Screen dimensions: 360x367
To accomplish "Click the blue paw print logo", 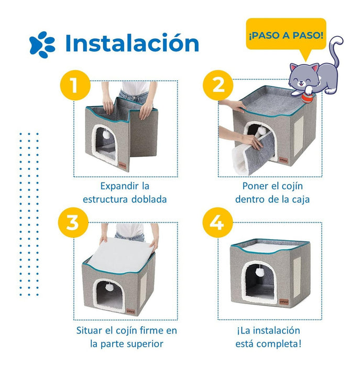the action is point(42,45).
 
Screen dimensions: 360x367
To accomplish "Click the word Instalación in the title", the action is point(133,43).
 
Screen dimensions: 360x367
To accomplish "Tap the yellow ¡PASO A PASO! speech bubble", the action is point(286,35).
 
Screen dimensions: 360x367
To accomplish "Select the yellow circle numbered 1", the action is point(75,85).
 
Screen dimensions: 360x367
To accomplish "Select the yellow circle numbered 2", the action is point(218,85).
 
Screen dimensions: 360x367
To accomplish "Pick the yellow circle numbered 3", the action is point(73,222).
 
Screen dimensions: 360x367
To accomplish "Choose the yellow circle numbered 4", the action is point(217,222).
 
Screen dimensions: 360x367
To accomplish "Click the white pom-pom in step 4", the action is point(260,272).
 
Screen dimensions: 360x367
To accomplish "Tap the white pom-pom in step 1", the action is point(107,135).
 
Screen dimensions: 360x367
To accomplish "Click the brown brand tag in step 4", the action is point(283,301).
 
